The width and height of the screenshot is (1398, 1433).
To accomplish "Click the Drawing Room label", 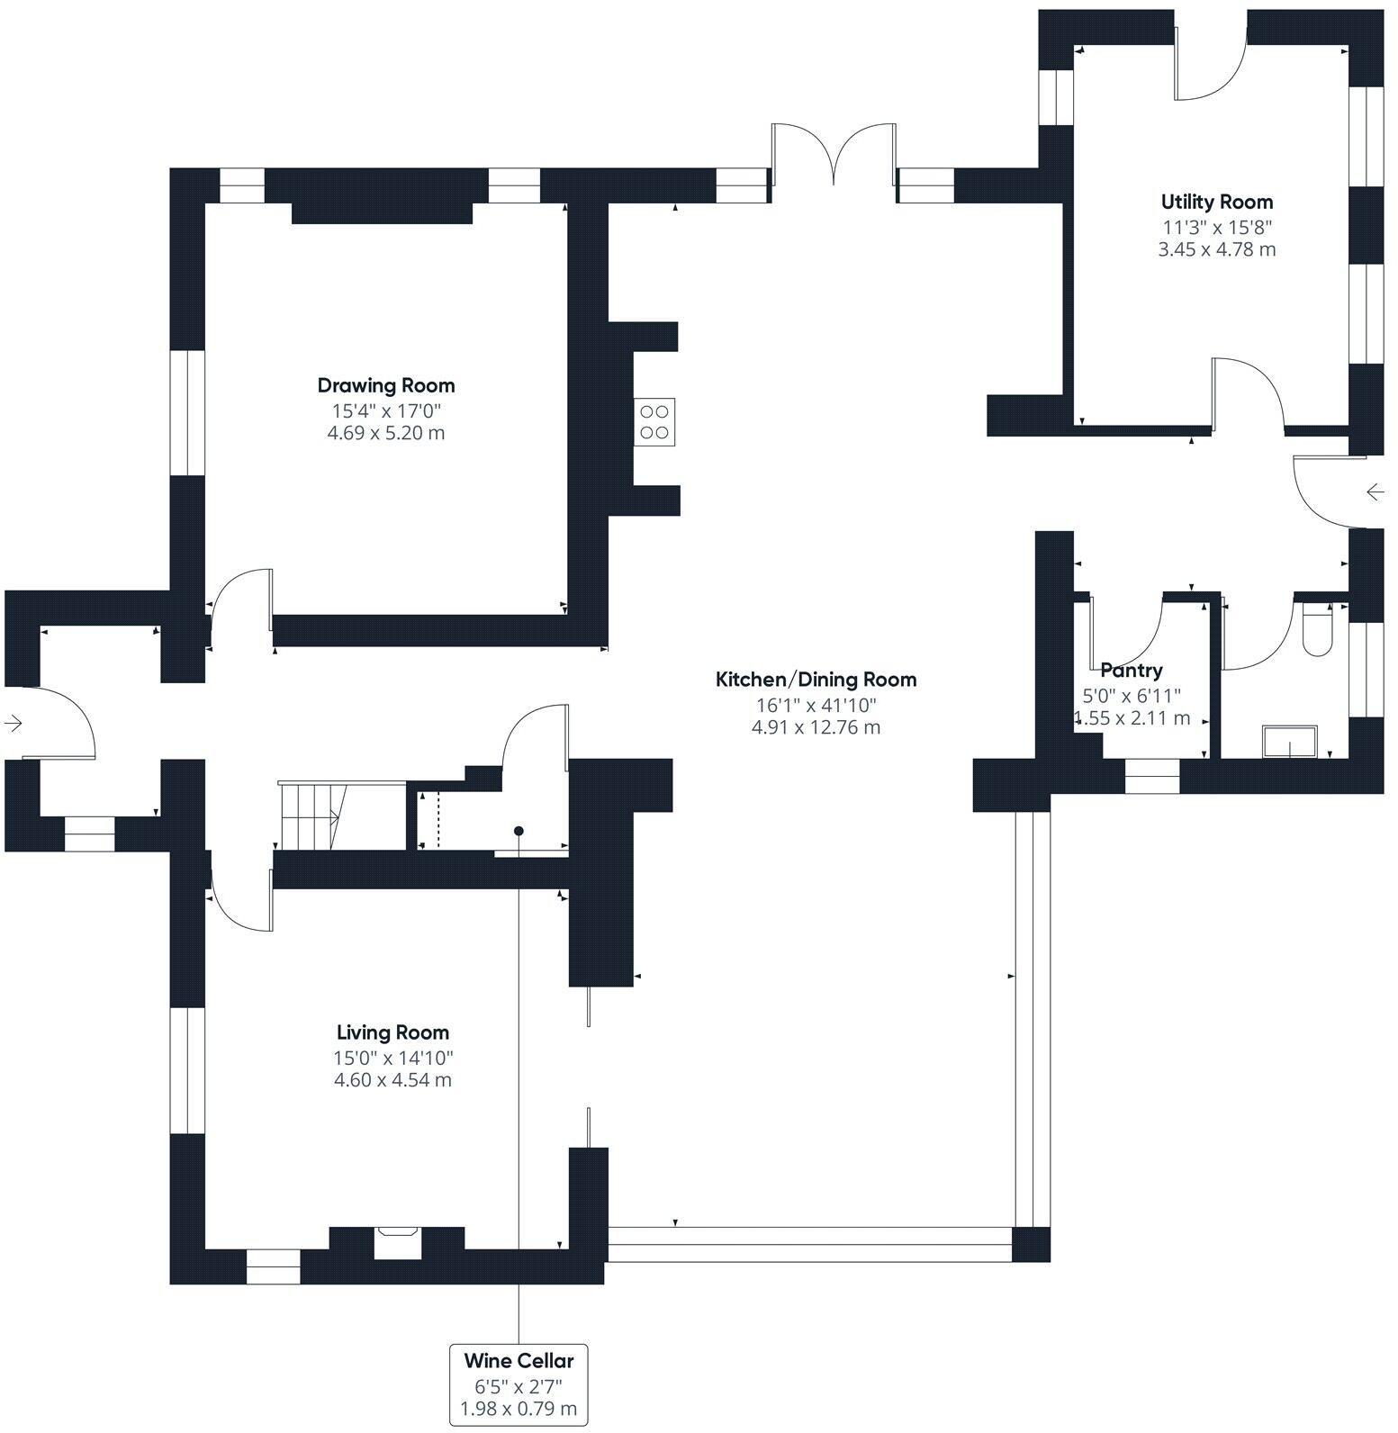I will click(x=385, y=385).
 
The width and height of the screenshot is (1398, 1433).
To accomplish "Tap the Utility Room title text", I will click(x=1216, y=202).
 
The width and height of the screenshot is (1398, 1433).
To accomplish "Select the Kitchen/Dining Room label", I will click(x=816, y=680).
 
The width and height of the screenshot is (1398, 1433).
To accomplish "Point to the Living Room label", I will click(x=392, y=1032).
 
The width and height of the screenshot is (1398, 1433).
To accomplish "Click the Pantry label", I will click(x=1132, y=670).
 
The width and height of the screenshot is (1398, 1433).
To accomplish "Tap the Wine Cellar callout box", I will click(x=519, y=1384).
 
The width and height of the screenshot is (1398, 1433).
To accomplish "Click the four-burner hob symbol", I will click(x=654, y=421).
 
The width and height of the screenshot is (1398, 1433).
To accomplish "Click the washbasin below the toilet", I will click(x=1289, y=742).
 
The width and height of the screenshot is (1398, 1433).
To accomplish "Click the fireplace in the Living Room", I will click(x=397, y=1241).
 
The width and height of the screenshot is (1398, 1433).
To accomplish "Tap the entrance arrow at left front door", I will click(x=14, y=723).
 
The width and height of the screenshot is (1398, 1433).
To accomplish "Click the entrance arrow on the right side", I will click(x=1375, y=491).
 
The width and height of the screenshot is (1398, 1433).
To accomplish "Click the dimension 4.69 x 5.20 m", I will click(x=385, y=433).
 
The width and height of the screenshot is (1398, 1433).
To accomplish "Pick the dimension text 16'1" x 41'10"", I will click(x=816, y=705).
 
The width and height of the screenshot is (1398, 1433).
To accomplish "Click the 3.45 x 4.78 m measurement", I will click(x=1216, y=249).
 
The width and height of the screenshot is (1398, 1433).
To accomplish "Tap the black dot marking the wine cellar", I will click(x=519, y=831).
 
